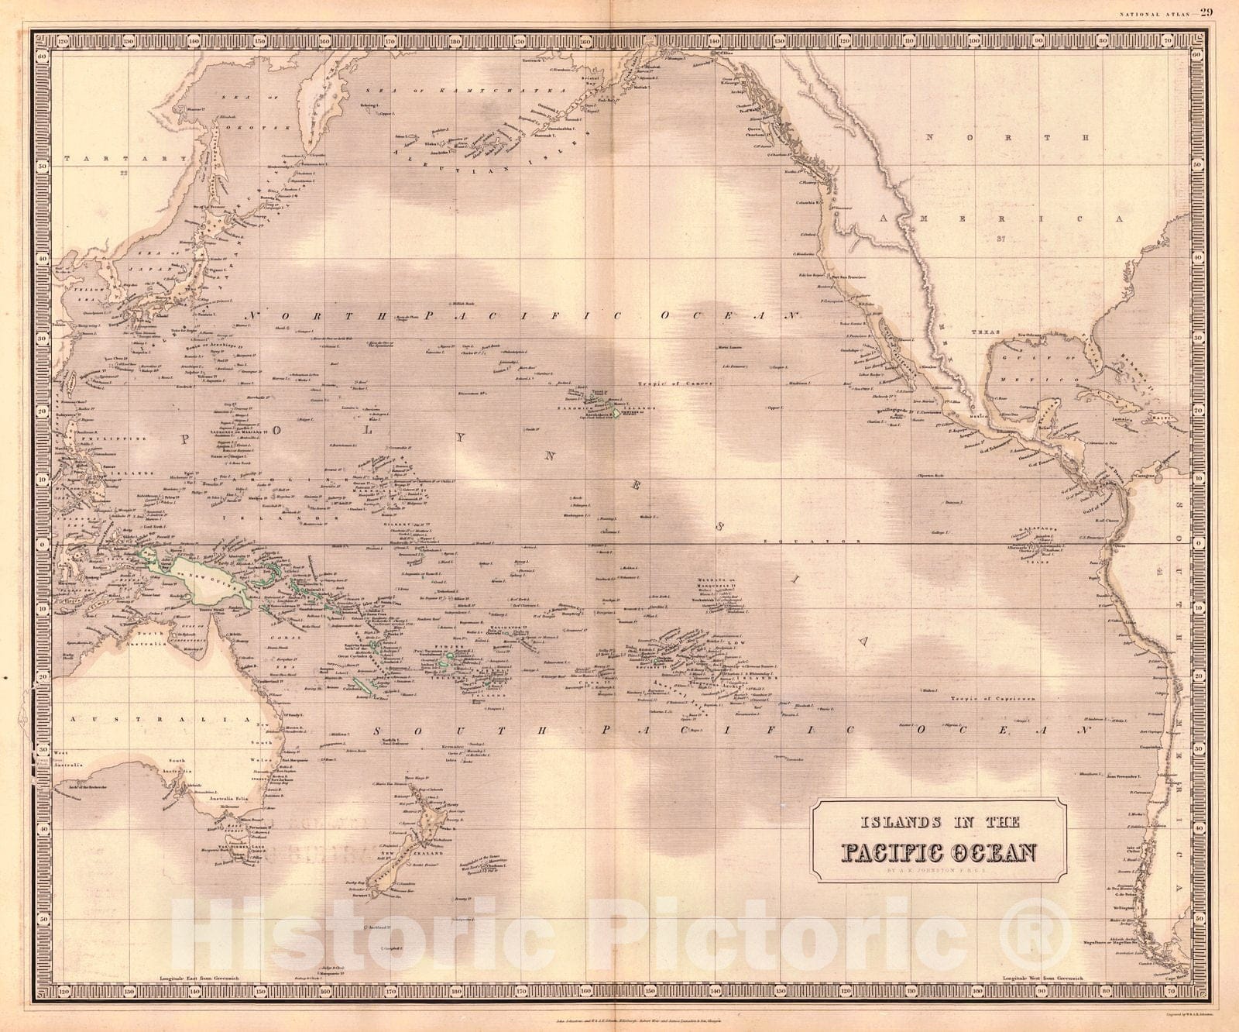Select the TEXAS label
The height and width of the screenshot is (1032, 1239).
(987, 332)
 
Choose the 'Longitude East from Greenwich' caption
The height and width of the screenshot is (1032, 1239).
(196, 980)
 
